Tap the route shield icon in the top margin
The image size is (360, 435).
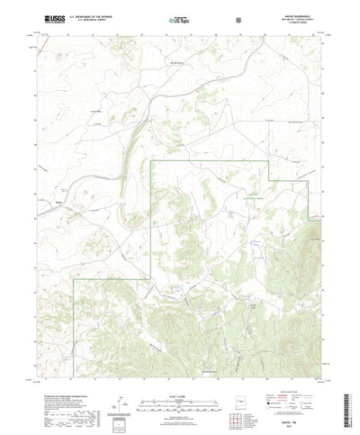pos(238,18)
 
